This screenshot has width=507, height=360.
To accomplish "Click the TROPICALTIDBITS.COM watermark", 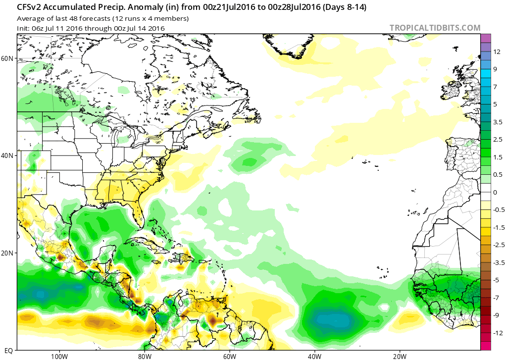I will point(435,28).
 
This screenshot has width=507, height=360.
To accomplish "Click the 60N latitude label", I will point(7,58).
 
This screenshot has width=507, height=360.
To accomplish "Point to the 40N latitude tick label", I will point(7,155).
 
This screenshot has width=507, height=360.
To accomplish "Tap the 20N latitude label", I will point(7,253).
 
